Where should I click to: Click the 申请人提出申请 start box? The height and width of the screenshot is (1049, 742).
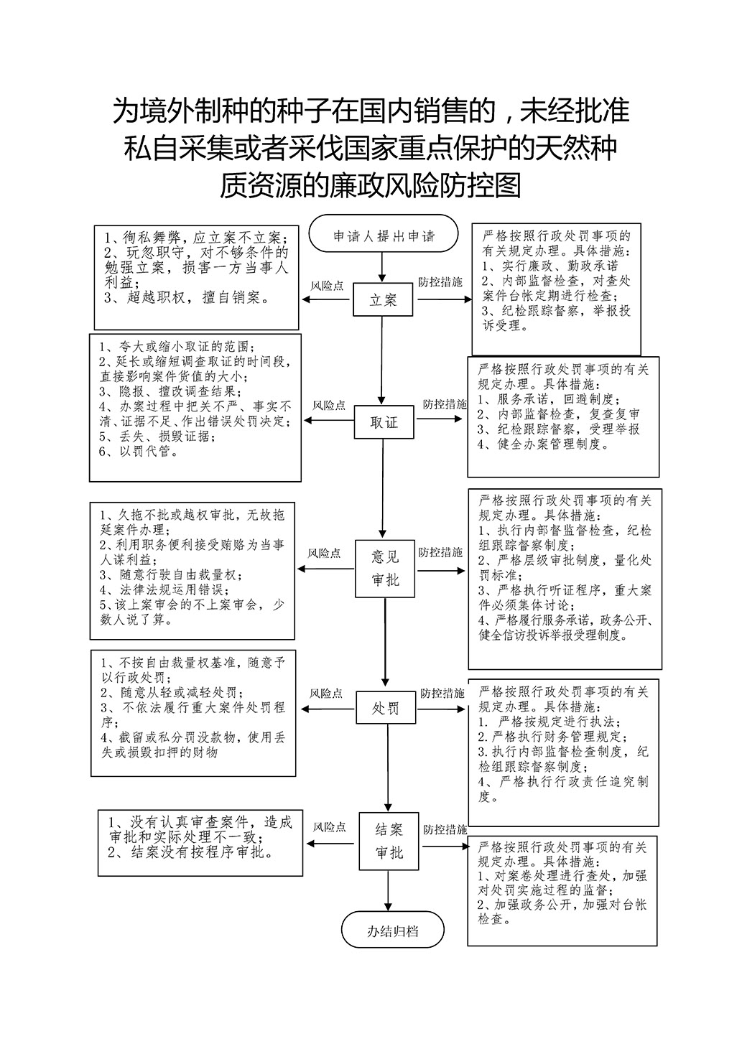coord(383,233)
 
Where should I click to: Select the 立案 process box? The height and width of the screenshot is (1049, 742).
coord(383,299)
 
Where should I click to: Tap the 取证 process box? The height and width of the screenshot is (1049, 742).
coord(384,422)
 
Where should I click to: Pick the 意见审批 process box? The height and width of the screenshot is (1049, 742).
coord(384,569)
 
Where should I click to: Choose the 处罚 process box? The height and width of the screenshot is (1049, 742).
coord(386,708)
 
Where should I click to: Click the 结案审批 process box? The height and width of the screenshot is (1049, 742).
coord(389,841)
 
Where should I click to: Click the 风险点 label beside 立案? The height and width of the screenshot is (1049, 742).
coord(327,286)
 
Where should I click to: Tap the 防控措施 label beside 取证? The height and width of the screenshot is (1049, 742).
coord(445,404)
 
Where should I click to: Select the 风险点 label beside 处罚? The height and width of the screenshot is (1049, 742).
coord(326,693)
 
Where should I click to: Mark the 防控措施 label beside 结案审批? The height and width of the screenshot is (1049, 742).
coord(445,829)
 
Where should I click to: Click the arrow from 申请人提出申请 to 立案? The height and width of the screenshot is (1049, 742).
coord(382,267)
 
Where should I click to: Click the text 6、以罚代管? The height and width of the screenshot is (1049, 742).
coord(139,452)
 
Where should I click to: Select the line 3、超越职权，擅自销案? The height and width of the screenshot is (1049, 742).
coord(187,298)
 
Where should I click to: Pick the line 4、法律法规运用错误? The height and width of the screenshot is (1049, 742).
coord(165,589)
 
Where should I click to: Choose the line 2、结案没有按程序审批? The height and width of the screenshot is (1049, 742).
coord(191,852)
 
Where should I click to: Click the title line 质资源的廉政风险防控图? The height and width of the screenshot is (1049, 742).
coord(371,185)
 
